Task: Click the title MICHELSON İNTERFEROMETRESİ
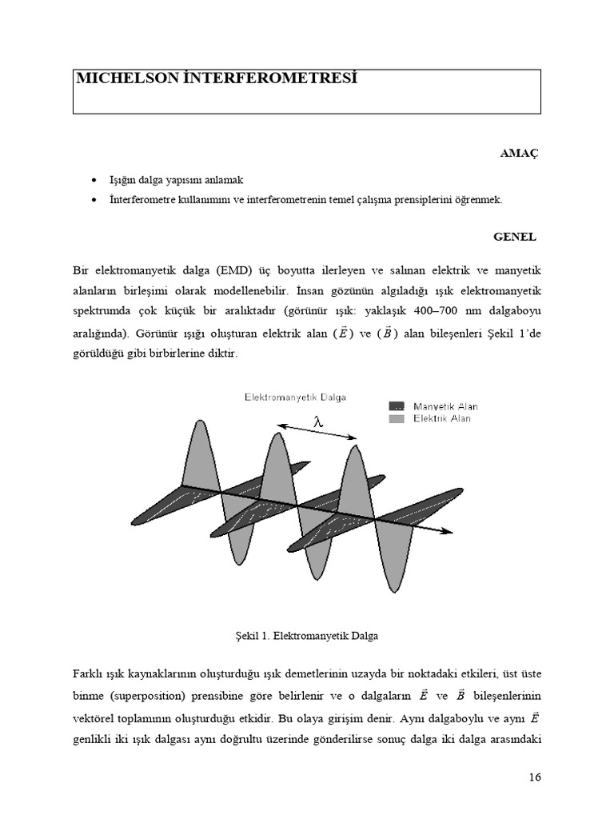[216, 78]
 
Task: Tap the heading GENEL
[515, 237]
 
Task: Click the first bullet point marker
[95, 180]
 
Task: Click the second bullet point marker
[95, 200]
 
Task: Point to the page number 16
[535, 777]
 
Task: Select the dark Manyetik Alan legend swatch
[397, 406]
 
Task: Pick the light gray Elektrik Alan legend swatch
[397, 418]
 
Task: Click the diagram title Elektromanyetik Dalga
[295, 397]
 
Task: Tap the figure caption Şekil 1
[301, 636]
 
